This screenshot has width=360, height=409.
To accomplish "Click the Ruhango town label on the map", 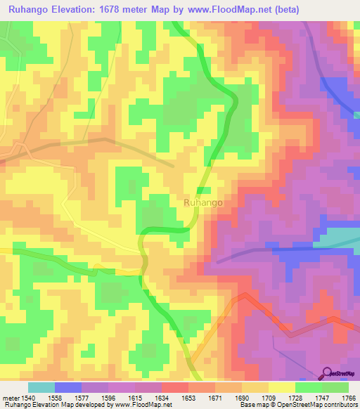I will point(203,202).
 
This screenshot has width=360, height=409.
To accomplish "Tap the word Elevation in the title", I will point(79,10).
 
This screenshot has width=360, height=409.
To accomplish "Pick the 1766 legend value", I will point(349,398).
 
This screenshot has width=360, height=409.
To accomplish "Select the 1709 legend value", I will point(269,398).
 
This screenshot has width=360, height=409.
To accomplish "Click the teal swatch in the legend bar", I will point(41,387).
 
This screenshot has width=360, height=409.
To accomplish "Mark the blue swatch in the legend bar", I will point(67,387).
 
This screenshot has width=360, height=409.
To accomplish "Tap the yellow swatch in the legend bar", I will point(281,387).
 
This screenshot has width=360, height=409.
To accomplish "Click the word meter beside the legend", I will point(11,398).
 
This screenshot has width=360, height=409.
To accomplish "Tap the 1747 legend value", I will point(323,398).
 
